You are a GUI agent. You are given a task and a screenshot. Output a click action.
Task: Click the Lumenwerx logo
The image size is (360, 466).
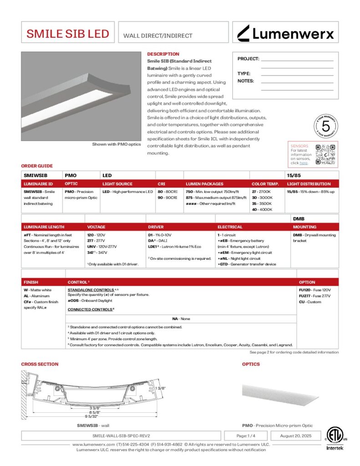pos(285,33)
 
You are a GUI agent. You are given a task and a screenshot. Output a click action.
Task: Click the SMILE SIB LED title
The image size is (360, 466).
pos(68,34)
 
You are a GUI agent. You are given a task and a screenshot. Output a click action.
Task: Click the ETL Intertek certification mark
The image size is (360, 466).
pos(335,438)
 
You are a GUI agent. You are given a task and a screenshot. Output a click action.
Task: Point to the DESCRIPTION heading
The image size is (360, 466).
pos(163,54)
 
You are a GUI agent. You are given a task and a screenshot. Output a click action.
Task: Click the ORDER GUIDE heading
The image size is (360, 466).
pos(37,166)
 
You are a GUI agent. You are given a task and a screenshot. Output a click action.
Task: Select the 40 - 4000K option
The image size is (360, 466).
pos(262,209)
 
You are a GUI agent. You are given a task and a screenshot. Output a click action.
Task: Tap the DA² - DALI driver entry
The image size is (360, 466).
pos(159,241)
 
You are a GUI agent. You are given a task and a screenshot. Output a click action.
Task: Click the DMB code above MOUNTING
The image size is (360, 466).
pos(298,219)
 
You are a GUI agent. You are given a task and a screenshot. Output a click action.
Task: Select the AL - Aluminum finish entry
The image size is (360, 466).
pos(35,295)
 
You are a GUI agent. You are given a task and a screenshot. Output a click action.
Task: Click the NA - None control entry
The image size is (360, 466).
pos(181,319)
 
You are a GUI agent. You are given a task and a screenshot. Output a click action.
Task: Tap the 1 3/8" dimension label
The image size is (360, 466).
pos(159,388)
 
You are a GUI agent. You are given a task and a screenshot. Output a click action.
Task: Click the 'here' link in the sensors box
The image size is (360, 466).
pos(303,162)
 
